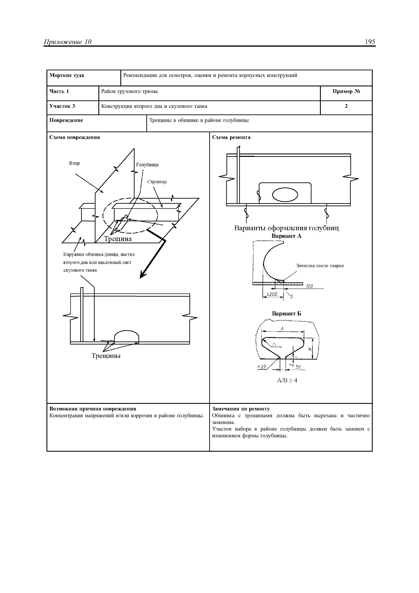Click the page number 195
pyautogui.click(x=370, y=42)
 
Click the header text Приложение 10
pyautogui.click(x=68, y=42)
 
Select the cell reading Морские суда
pyautogui.click(x=67, y=75)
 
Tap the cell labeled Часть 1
pyautogui.click(x=59, y=91)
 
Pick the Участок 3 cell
pyautogui.click(x=62, y=106)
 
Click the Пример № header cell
pyautogui.click(x=346, y=91)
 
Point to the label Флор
pyautogui.click(x=74, y=163)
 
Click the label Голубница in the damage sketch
pyautogui.click(x=147, y=165)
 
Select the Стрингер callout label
pyautogui.click(x=157, y=182)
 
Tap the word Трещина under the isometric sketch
pyautogui.click(x=118, y=239)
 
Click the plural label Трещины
pyautogui.click(x=106, y=356)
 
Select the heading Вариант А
pyautogui.click(x=286, y=236)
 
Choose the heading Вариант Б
pyautogui.click(x=286, y=314)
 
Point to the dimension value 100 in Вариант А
pyautogui.click(x=309, y=286)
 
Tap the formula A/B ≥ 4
pyautogui.click(x=287, y=381)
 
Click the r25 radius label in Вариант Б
pyautogui.click(x=262, y=367)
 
